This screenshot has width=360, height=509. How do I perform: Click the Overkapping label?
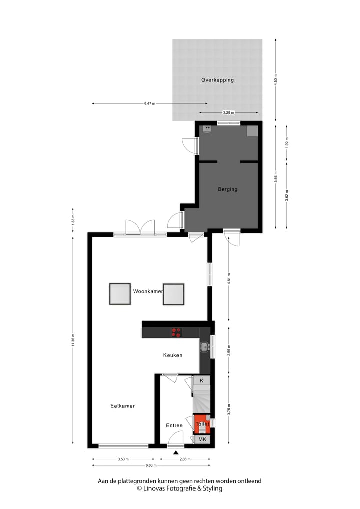click(217, 80)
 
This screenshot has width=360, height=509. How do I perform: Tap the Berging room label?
click(227, 189)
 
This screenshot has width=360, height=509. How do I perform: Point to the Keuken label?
click(173, 355)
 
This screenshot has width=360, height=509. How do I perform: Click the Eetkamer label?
click(123, 406)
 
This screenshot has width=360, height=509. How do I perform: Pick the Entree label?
click(174, 426)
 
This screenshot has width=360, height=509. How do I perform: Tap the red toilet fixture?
click(202, 423)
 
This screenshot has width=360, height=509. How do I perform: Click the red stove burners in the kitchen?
click(177, 331)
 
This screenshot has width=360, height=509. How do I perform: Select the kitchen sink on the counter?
click(204, 346)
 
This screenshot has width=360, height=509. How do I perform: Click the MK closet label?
click(202, 439)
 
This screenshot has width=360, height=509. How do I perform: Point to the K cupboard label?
click(202, 381)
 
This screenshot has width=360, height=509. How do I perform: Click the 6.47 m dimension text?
click(149, 104)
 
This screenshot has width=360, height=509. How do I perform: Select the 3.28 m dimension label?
click(228, 113)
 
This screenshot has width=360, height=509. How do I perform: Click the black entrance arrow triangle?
click(176, 452)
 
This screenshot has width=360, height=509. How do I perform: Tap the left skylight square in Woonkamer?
click(120, 294)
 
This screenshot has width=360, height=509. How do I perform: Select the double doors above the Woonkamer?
click(140, 227)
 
